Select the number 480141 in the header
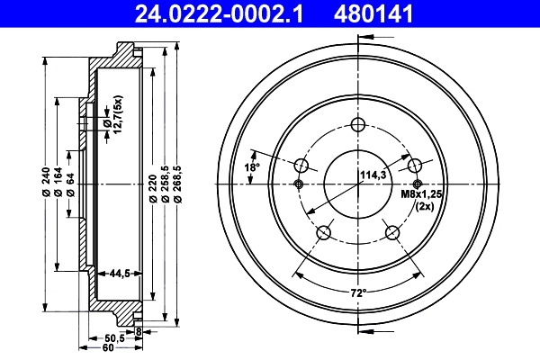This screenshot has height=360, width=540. pyautogui.click(x=393, y=13)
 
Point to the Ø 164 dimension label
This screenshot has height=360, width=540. pyautogui.click(x=57, y=184)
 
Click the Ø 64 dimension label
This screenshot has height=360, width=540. pyautogui.click(x=69, y=184)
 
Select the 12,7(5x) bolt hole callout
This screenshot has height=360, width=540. pyautogui.click(x=112, y=121)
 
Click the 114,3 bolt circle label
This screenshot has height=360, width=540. pyautogui.click(x=373, y=175)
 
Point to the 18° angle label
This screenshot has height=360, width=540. pyautogui.click(x=253, y=166)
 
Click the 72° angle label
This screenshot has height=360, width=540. pyautogui.click(x=359, y=292)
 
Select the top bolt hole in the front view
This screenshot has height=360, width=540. pyautogui.click(x=358, y=125)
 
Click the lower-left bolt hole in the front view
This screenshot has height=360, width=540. pyautogui.click(x=325, y=233)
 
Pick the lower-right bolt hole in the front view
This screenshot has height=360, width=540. pyautogui.click(x=392, y=233)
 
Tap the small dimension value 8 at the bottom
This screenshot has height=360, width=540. pyautogui.click(x=138, y=331)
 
